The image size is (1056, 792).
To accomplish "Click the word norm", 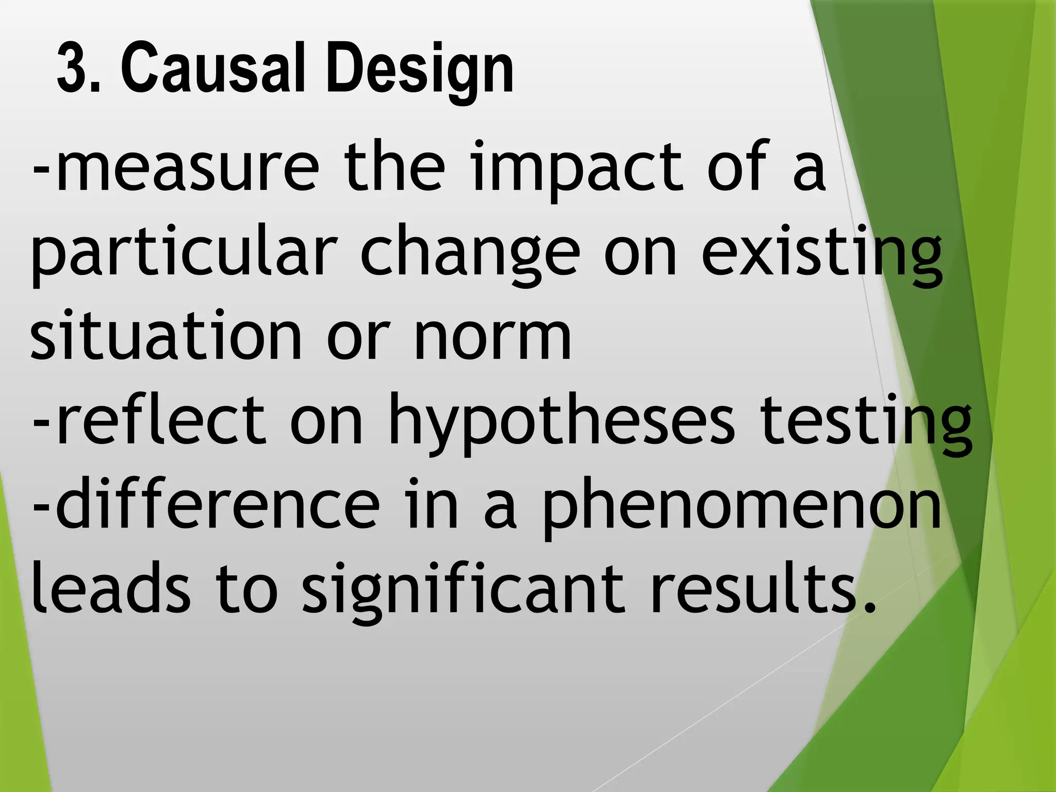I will tap(492, 338).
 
